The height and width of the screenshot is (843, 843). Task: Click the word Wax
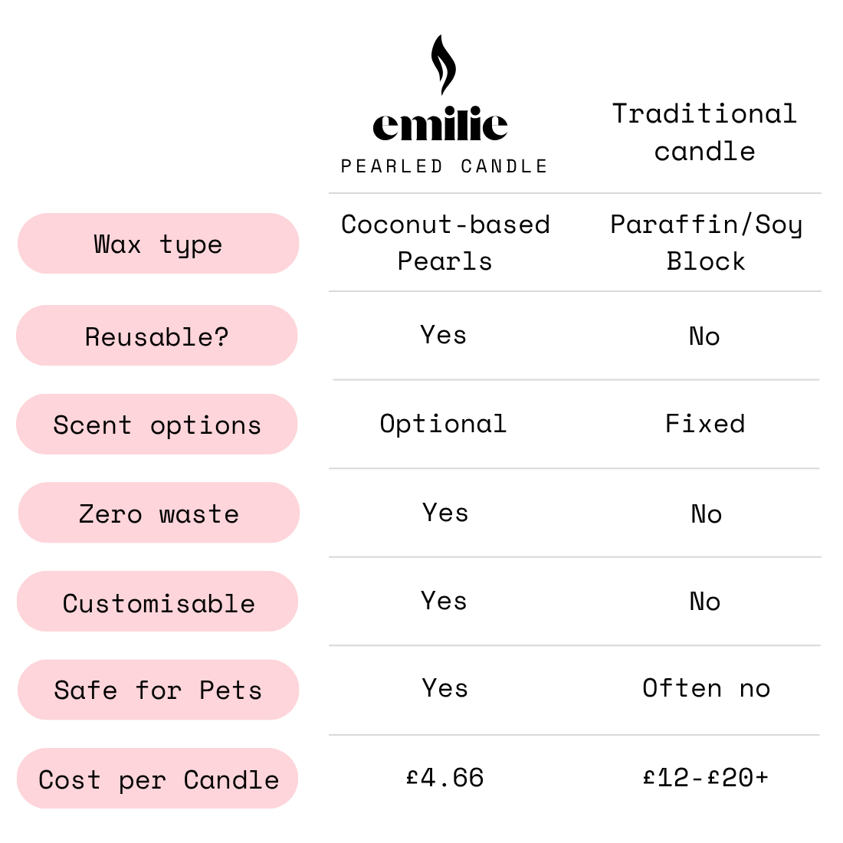click(x=117, y=244)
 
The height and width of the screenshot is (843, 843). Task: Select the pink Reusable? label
click(x=157, y=336)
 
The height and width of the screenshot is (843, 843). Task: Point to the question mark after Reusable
click(x=221, y=336)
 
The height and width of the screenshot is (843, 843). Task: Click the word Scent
click(x=92, y=425)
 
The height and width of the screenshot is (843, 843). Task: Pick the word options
click(x=205, y=426)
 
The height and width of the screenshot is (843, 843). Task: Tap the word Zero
click(x=110, y=513)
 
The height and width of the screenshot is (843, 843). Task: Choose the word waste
click(x=199, y=513)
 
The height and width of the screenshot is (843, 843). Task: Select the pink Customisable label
click(x=157, y=602)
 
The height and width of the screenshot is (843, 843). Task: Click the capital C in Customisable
click(x=70, y=603)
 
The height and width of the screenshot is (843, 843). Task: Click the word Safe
click(x=85, y=690)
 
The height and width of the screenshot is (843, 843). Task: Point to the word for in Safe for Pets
click(x=158, y=690)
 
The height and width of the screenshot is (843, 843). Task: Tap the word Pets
click(x=230, y=690)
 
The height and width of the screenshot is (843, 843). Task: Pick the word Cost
click(x=69, y=780)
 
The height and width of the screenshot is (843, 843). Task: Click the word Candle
click(x=231, y=780)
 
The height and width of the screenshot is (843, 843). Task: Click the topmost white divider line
click(x=575, y=193)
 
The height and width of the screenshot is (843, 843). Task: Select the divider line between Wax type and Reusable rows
click(x=575, y=291)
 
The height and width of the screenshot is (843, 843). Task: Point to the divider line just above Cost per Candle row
click(x=575, y=735)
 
